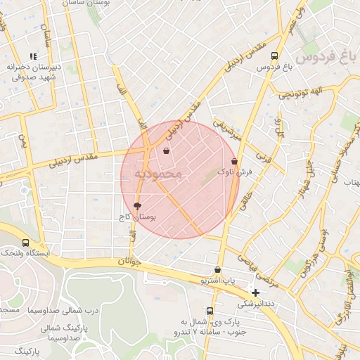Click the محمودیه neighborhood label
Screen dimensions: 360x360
pos(158,173)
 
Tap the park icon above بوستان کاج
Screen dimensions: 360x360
pos(136,206)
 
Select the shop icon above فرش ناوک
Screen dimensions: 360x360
pos(234,161)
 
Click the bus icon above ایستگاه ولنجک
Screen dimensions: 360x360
pos(26,243)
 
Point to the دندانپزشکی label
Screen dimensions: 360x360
pos(256,304)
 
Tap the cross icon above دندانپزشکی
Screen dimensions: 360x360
pos(256,292)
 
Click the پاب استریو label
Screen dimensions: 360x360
pos(217,281)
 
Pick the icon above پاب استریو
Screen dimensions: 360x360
pos(217,270)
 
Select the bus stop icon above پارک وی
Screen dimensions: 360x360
pos(210,311)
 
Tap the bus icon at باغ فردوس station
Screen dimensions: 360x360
pos(274,56)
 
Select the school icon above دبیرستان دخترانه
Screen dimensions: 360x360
pos(32,56)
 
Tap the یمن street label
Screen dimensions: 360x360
pos(23,145)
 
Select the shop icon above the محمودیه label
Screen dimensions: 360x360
pos(167,150)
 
